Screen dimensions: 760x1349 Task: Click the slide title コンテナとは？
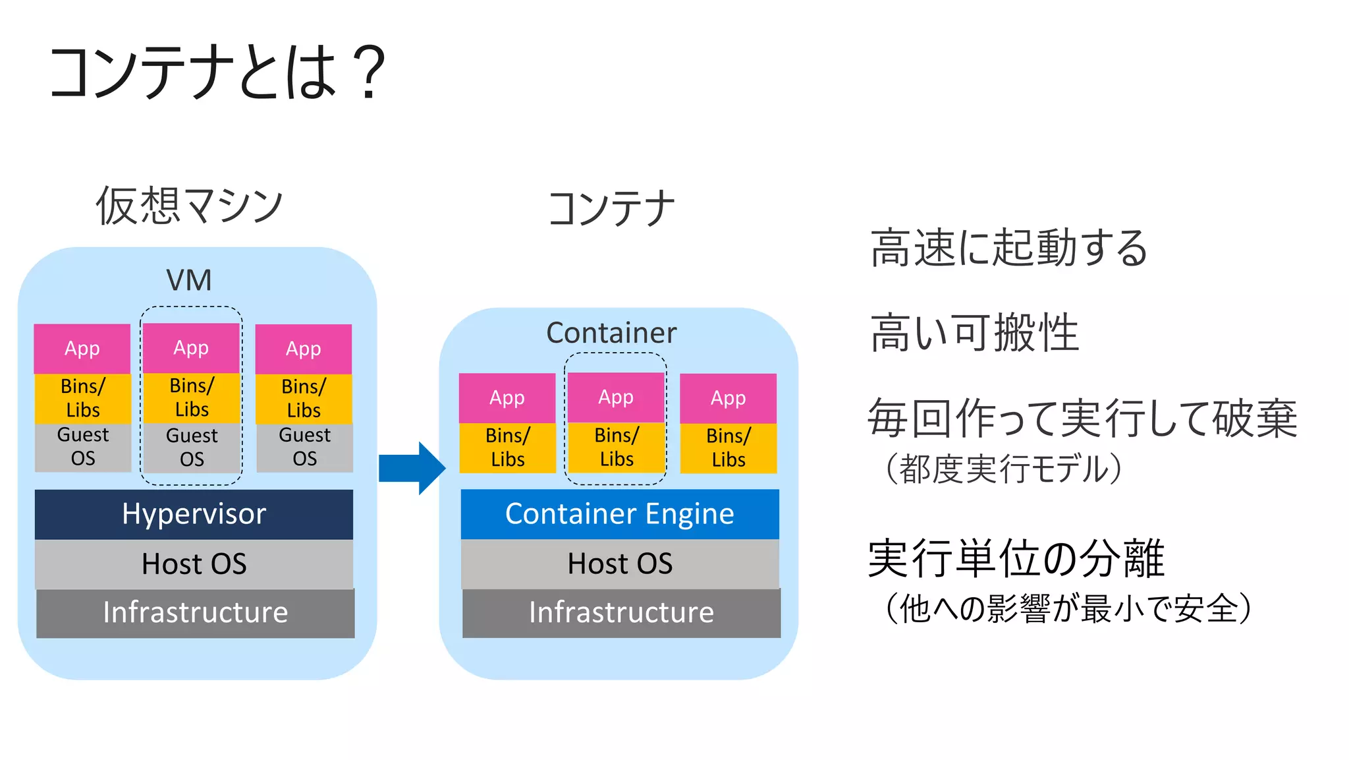[x=217, y=73]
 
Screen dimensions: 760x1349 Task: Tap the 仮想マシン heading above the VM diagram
[x=190, y=206]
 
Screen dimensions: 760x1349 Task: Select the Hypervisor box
[x=194, y=514]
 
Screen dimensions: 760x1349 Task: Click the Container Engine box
[x=619, y=514]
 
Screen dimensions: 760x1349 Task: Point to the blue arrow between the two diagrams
[x=412, y=468]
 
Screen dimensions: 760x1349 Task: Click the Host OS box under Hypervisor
[x=194, y=564]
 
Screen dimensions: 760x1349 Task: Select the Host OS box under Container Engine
[x=619, y=564]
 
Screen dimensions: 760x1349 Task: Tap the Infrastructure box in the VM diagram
[x=195, y=613]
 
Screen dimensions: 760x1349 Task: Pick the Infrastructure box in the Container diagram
[x=621, y=613]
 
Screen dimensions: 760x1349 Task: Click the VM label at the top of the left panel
[x=189, y=280]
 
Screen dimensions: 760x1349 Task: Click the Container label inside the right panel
[x=611, y=333]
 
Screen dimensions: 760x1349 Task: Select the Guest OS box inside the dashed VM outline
[x=192, y=448]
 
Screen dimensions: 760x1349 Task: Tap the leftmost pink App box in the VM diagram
[x=82, y=349]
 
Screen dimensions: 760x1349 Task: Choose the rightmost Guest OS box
[x=304, y=447]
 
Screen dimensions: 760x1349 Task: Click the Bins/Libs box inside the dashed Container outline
[x=617, y=448]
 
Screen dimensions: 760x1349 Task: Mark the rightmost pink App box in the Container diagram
[x=728, y=398]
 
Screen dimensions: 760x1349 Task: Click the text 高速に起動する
[x=1008, y=248]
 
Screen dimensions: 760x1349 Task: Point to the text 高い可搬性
[x=974, y=333]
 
